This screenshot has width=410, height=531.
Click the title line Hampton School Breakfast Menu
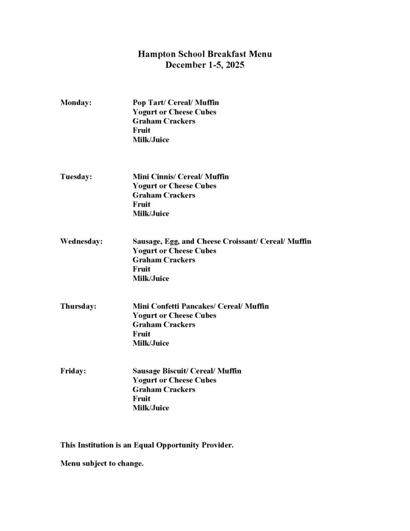205,54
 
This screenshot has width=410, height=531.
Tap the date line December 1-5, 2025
205,65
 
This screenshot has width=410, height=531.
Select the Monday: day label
76,103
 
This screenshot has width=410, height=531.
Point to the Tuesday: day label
76,177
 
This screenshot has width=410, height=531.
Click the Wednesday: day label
81,242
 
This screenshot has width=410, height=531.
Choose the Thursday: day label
78,306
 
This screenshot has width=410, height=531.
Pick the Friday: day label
73,371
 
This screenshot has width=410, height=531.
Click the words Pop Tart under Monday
148,103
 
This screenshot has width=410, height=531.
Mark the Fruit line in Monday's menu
142,131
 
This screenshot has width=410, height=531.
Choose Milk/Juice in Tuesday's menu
151,214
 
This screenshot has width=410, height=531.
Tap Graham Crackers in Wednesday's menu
164,260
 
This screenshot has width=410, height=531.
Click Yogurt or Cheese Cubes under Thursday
174,316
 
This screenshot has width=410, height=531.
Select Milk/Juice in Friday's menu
151,408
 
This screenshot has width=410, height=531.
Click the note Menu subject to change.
102,464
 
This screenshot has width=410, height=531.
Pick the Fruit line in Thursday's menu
142,334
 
